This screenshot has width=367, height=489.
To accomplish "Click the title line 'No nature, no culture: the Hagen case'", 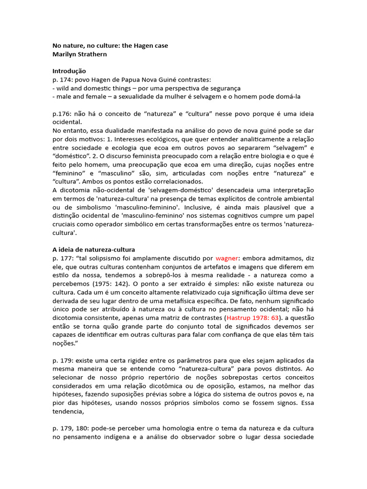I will [x=110, y=46].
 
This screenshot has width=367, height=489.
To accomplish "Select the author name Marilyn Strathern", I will [x=79, y=54].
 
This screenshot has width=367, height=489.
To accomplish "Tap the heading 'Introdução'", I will [x=69, y=71].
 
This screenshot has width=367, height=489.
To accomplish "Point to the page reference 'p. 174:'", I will [x=61, y=79].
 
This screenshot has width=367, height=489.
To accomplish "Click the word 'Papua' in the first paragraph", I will [x=134, y=79].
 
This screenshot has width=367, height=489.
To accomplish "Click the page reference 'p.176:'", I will [x=61, y=114].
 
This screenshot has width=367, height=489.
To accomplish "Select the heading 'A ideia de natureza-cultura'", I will [x=94, y=249].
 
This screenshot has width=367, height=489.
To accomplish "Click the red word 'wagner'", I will [x=227, y=258].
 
